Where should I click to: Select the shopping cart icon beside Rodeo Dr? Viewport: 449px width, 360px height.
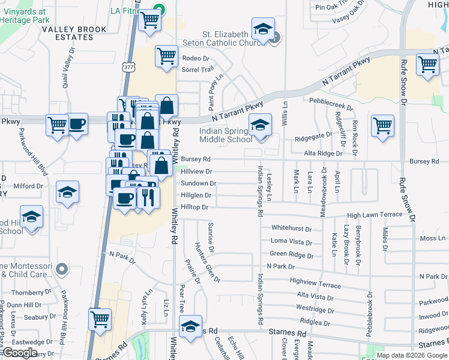(166, 56)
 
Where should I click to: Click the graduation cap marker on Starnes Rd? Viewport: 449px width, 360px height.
(190, 327)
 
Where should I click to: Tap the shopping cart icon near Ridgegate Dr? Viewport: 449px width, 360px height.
(382, 126)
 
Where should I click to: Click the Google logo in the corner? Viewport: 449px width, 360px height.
(20, 352)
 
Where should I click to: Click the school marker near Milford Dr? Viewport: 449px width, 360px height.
(67, 193)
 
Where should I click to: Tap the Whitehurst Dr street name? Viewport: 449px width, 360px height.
(291, 229)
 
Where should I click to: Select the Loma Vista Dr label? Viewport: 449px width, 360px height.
(291, 241)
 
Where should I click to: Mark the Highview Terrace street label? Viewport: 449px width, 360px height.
(315, 283)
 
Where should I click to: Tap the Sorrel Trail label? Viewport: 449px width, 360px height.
(197, 70)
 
